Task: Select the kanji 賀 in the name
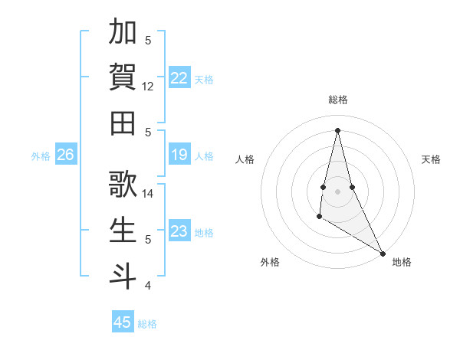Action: pyautogui.click(x=123, y=77)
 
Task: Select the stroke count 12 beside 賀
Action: pyautogui.click(x=149, y=87)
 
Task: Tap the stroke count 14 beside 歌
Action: pyautogui.click(x=149, y=194)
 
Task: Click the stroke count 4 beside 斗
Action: pyautogui.click(x=148, y=286)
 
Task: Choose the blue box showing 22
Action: pyautogui.click(x=179, y=77)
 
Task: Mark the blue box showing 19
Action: pyautogui.click(x=179, y=155)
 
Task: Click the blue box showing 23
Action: pyautogui.click(x=179, y=231)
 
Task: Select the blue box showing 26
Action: pyautogui.click(x=65, y=155)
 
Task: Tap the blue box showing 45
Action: pyautogui.click(x=122, y=322)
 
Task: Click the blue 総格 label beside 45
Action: pyautogui.click(x=147, y=324)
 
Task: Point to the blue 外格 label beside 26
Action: pyautogui.click(x=41, y=156)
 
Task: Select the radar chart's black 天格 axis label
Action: pyautogui.click(x=431, y=159)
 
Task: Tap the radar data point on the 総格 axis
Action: pyautogui.click(x=337, y=129)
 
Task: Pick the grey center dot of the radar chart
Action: pyautogui.click(x=337, y=191)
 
